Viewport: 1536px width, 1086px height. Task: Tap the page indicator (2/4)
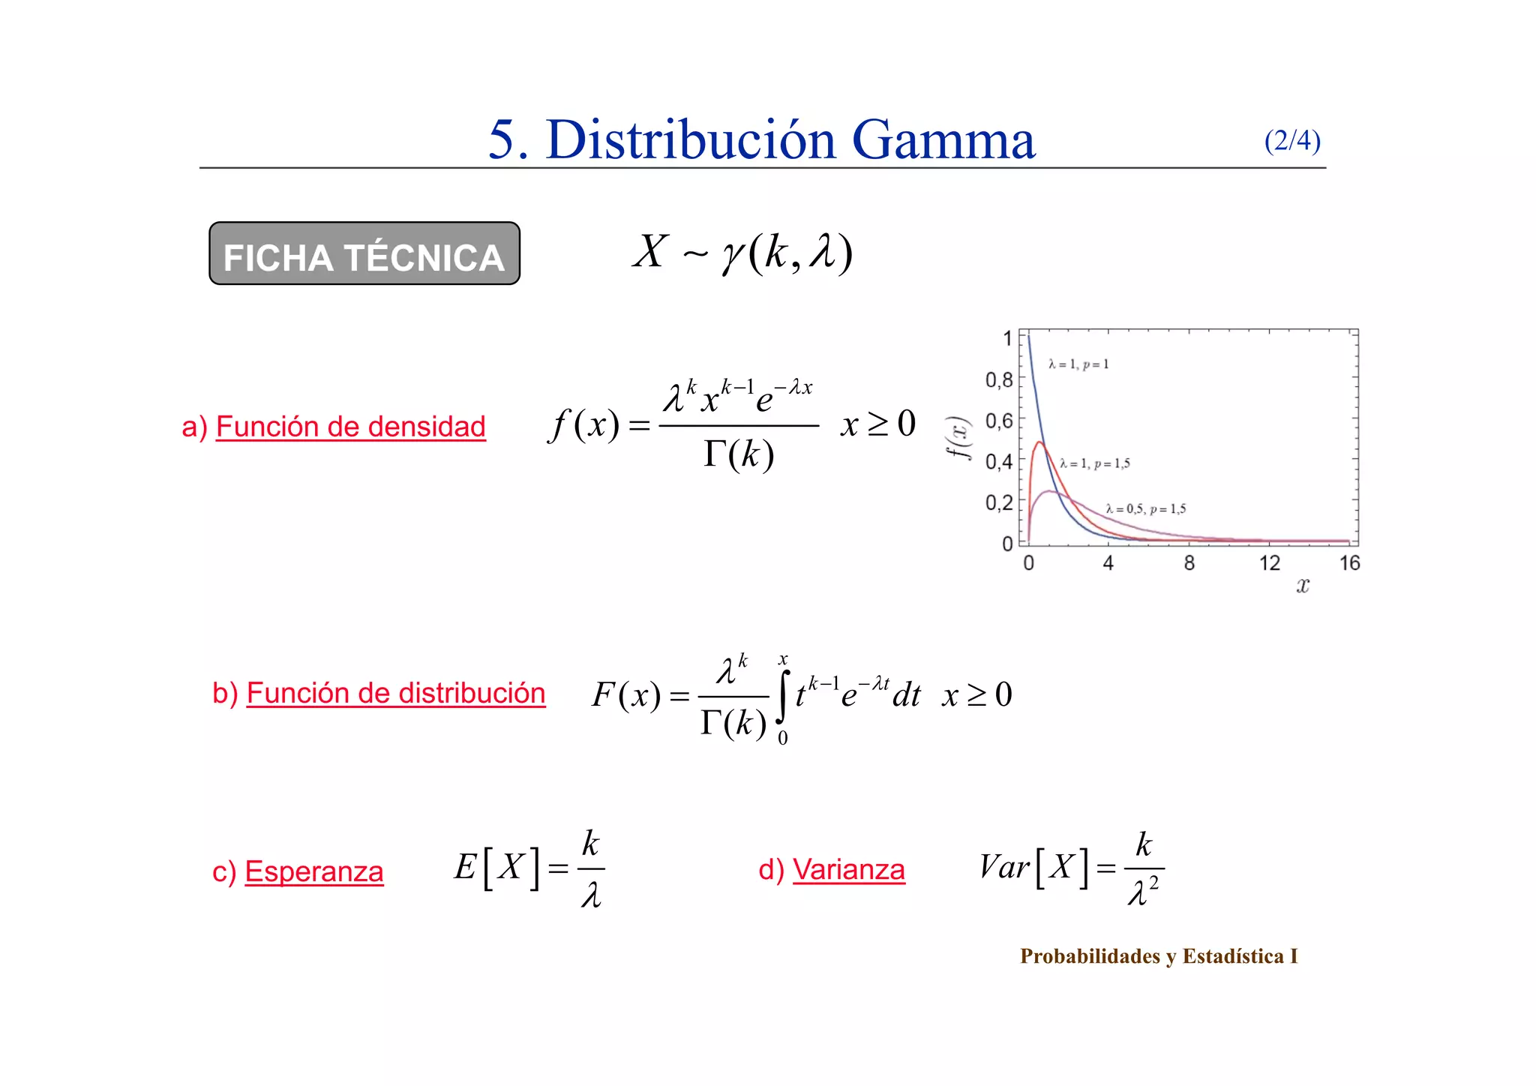[1291, 141]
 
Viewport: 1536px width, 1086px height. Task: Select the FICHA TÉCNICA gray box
[364, 253]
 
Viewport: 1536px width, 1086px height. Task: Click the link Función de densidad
[350, 427]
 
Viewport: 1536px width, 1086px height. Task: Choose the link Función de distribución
[395, 693]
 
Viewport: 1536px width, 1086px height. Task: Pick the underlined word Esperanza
[313, 871]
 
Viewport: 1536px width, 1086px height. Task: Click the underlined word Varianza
[848, 870]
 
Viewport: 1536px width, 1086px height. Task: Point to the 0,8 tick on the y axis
[999, 380]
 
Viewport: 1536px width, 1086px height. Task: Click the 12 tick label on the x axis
[1269, 563]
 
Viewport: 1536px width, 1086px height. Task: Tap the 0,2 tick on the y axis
[999, 502]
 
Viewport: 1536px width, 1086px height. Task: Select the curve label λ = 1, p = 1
[1078, 364]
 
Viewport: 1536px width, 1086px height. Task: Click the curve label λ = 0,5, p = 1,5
[1145, 509]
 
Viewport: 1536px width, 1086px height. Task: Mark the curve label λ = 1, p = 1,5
[1095, 464]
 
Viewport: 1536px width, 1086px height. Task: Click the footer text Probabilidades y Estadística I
[1158, 956]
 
